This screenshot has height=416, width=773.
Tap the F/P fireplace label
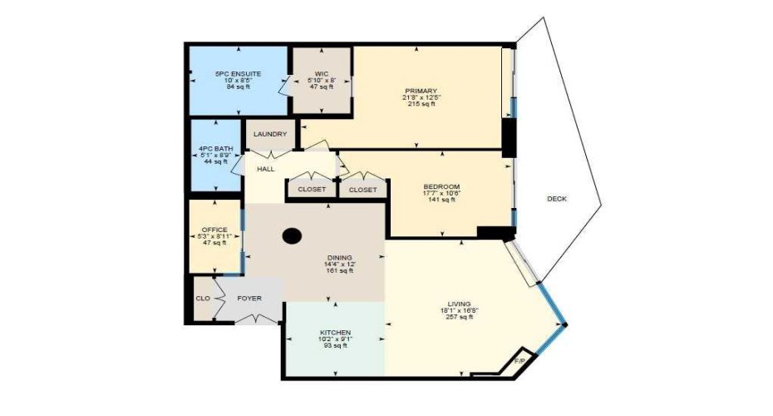coord(519,361)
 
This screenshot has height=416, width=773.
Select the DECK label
coord(557,198)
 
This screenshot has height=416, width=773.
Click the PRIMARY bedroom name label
coord(421,91)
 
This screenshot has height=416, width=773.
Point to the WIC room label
coord(321,74)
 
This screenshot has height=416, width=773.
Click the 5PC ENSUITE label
coord(239,74)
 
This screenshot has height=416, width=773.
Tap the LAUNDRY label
coord(270,134)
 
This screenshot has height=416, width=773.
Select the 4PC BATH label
coord(215,150)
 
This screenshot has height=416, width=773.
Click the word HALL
coord(266,169)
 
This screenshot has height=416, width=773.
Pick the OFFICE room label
coord(214,230)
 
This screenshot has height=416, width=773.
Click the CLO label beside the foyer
coord(202,298)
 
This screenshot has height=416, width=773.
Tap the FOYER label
coord(249,298)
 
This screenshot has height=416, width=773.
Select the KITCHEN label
coord(335,333)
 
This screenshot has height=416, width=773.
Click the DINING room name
coord(339,258)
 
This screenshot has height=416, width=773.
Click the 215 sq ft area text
coord(421,104)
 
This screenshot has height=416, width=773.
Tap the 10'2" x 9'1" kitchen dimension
coord(335,339)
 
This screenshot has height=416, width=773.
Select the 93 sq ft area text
coord(335,346)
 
